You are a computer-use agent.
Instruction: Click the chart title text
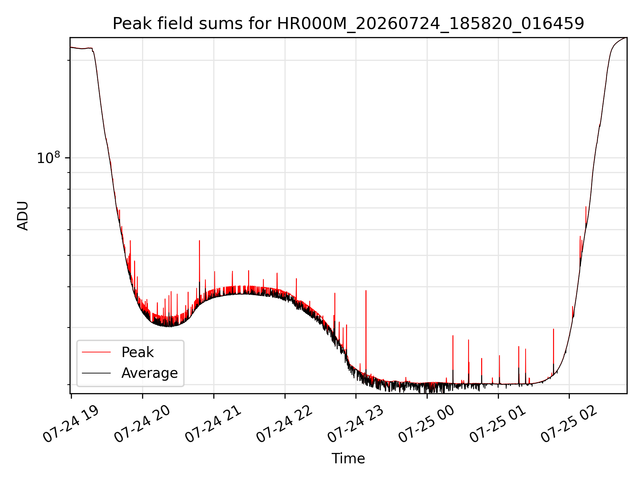point(348,24)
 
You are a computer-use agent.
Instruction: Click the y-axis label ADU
point(23,216)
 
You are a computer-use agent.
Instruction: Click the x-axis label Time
point(348,459)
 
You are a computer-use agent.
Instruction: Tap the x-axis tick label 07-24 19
point(72,424)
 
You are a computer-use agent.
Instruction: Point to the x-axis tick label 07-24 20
point(143,424)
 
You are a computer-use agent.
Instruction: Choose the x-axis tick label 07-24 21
point(214,424)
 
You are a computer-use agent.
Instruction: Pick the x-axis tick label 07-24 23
point(356,424)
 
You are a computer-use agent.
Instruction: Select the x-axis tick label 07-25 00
point(427,424)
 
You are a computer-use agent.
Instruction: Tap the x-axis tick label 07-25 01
point(499,424)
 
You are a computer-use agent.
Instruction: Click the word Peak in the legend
point(137,352)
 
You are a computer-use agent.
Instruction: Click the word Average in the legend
point(149,373)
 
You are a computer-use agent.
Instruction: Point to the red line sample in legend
point(96,352)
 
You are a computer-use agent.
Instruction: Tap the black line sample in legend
point(96,373)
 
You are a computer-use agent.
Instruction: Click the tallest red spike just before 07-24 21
point(199,241)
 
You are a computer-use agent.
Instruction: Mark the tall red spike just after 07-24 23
point(366,291)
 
